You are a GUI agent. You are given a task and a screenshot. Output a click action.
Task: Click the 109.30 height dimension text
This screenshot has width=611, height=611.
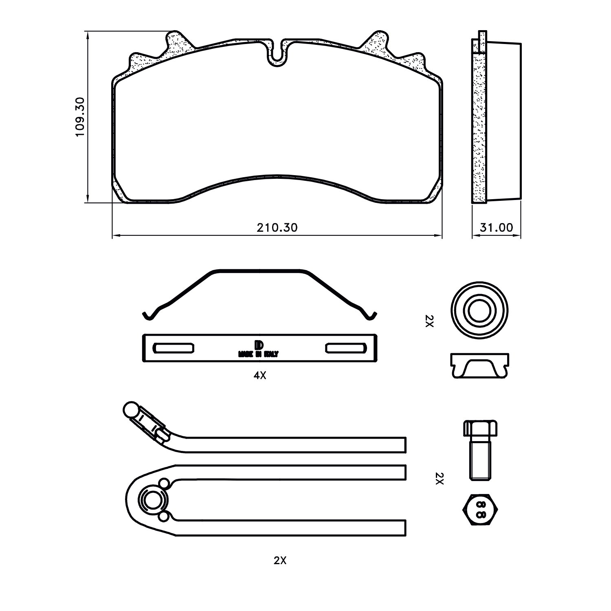(80, 117)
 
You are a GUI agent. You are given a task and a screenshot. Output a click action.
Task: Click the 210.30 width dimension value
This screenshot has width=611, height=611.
(277, 227)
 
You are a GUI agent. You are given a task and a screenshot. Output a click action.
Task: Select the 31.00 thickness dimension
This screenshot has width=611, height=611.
(496, 227)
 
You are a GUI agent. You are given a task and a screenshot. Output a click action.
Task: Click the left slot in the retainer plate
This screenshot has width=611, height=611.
(173, 348)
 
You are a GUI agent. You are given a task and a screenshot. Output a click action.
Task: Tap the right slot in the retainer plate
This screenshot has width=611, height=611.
(344, 348)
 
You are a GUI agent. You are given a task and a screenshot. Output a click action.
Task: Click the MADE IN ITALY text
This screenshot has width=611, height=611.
(259, 354)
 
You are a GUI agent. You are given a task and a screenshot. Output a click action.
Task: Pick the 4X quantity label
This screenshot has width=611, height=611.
(259, 376)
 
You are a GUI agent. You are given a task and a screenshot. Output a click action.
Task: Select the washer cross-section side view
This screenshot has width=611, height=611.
(480, 366)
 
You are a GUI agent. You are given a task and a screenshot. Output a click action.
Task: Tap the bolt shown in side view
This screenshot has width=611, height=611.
(480, 450)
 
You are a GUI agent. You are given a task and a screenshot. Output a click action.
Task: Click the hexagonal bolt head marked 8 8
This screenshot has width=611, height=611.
(481, 509)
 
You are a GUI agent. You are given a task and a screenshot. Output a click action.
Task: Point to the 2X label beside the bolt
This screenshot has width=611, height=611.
(439, 478)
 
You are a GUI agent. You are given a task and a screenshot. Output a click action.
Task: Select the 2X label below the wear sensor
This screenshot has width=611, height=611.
(280, 560)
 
